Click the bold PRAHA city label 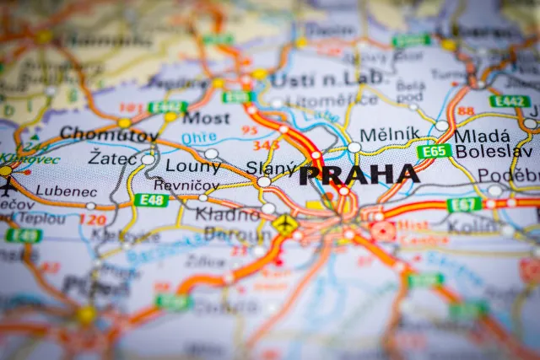point(359,175)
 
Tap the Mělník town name point(389,134)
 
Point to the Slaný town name point(271,168)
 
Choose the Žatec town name point(111,158)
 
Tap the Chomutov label point(109,133)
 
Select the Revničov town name point(186,185)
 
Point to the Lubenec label point(67,191)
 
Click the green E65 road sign point(434,151)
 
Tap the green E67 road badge point(464,204)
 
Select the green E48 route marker point(150,200)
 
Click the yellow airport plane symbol point(285,225)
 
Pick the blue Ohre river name point(198,137)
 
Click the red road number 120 point(91,220)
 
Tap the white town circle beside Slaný point(264,181)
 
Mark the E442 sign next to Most point(167,107)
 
